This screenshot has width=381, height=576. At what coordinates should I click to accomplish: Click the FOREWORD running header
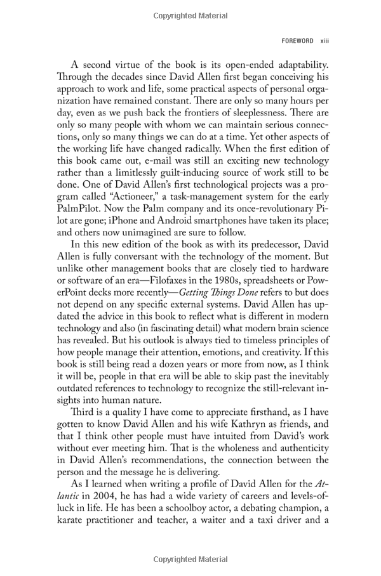297,41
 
